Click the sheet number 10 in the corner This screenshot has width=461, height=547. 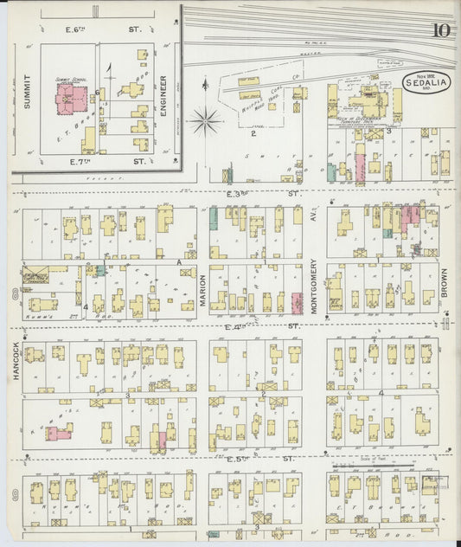(440, 31)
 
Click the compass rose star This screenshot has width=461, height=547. (205, 119)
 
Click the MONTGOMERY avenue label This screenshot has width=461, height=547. (314, 290)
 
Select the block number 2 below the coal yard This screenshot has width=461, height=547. (253, 134)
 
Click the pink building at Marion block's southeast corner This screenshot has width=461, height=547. (297, 303)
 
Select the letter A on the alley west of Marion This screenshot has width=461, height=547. (178, 261)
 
